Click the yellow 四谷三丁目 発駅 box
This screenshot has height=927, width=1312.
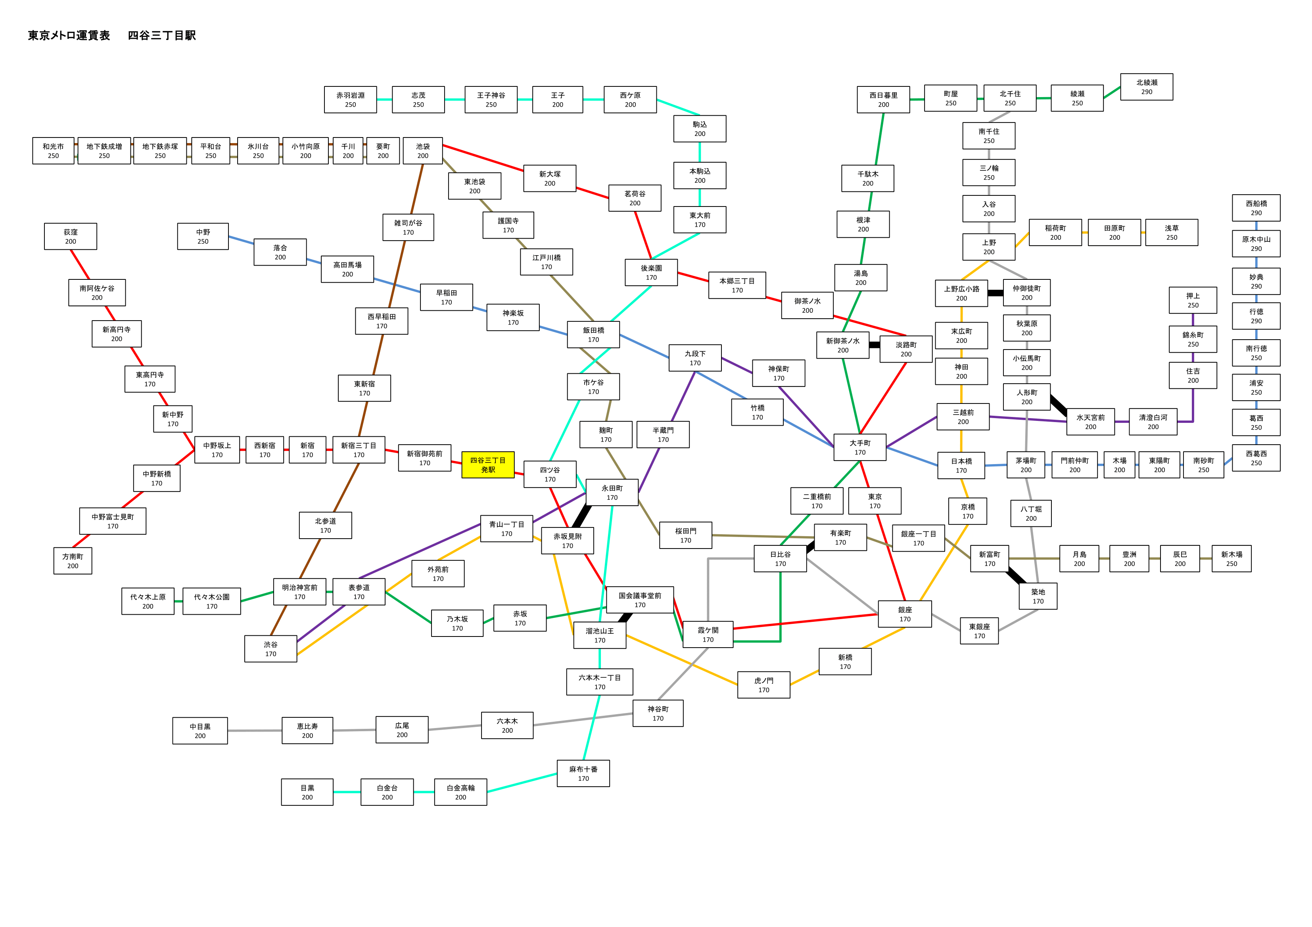click(x=488, y=464)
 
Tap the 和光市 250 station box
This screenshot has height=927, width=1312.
click(x=53, y=151)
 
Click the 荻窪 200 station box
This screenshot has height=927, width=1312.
click(x=70, y=237)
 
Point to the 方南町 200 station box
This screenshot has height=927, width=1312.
click(x=73, y=561)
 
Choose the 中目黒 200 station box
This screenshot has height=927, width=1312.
click(x=200, y=730)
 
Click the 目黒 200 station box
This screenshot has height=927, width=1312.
click(x=307, y=792)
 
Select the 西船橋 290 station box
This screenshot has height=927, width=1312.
click(x=1256, y=208)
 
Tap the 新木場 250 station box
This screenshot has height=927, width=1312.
click(x=1231, y=558)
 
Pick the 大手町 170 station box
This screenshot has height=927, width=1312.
click(x=860, y=447)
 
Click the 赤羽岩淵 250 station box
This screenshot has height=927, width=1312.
click(x=350, y=100)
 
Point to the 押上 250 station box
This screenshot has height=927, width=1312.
click(x=1193, y=300)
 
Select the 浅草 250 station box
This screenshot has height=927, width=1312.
click(x=1172, y=233)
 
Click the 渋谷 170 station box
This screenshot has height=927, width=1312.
click(x=271, y=649)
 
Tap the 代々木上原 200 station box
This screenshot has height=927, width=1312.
click(x=148, y=602)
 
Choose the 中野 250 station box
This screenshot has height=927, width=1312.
click(x=203, y=237)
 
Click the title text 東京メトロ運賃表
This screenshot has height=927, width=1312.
click(x=69, y=35)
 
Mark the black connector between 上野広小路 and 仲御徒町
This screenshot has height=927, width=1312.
click(x=996, y=293)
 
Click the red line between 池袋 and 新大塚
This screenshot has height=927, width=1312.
click(x=483, y=158)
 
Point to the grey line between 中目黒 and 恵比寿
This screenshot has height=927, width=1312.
click(x=255, y=730)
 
